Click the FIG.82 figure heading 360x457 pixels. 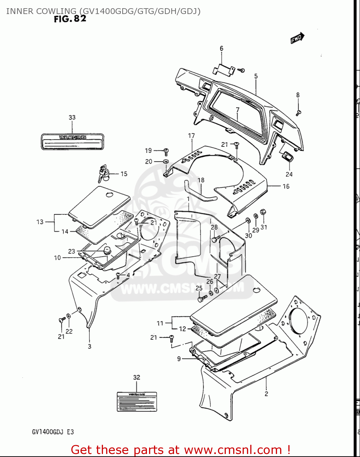[x=70, y=19]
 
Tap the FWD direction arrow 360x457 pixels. [x=297, y=38]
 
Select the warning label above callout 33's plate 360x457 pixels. [x=73, y=142]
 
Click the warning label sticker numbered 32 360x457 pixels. [x=137, y=402]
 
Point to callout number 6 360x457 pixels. [x=222, y=48]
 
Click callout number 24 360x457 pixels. [x=289, y=174]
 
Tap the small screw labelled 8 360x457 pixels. [x=298, y=113]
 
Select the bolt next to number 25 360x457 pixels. [x=201, y=299]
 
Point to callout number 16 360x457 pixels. [x=286, y=186]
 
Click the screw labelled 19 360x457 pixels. [x=166, y=151]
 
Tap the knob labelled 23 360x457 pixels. [x=107, y=251]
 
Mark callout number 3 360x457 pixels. [x=89, y=346]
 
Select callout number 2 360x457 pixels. [x=266, y=394]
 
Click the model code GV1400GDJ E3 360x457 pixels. [x=53, y=432]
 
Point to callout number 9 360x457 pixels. [x=179, y=359]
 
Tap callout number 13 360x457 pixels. [x=40, y=222]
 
